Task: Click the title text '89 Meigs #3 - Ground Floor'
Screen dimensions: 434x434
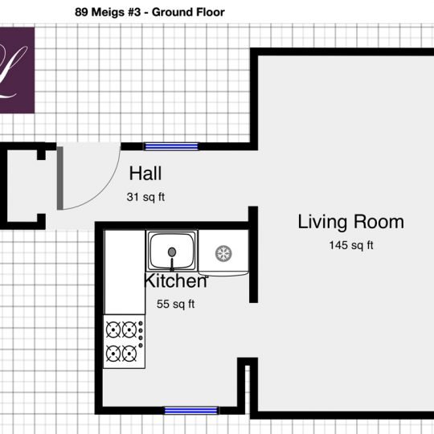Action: (x=149, y=12)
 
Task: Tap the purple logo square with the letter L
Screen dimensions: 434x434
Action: (x=17, y=70)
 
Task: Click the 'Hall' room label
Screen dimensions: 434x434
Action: (x=145, y=174)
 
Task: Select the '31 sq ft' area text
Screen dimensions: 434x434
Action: (x=145, y=197)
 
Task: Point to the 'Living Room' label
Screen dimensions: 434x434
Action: (x=350, y=222)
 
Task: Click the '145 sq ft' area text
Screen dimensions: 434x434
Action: (x=351, y=245)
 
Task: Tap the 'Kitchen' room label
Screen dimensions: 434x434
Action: (x=176, y=280)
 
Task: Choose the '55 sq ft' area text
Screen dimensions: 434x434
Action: (x=175, y=304)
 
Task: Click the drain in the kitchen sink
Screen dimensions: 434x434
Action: (x=172, y=252)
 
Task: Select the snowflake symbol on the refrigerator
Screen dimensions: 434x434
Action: (x=223, y=253)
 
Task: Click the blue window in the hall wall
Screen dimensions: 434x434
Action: (x=172, y=146)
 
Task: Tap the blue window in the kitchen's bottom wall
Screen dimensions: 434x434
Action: (x=191, y=410)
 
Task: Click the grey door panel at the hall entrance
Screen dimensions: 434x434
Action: (x=60, y=178)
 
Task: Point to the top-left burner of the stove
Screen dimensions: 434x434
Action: (x=113, y=330)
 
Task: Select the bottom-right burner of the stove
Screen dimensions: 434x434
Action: (x=129, y=354)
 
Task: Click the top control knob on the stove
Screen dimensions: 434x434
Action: (x=141, y=323)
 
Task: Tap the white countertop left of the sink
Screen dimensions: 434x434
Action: (x=125, y=272)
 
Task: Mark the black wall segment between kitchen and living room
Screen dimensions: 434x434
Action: (x=253, y=254)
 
